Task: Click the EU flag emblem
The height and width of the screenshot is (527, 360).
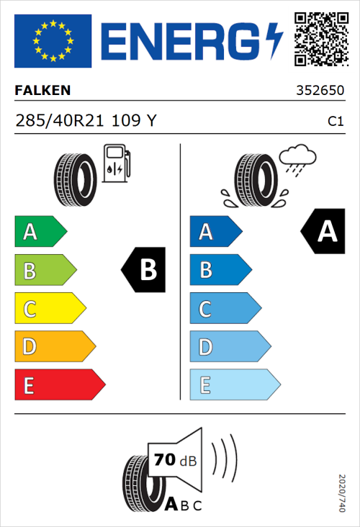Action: [53, 40]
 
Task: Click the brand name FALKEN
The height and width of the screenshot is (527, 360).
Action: [42, 91]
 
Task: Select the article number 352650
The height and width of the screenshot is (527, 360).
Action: [319, 92]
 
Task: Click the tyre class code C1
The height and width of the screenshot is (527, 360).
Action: [335, 122]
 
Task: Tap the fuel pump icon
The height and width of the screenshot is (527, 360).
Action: [116, 163]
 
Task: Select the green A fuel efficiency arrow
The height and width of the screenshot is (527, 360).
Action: [40, 232]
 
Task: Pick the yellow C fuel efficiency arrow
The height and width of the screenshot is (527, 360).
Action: [50, 309]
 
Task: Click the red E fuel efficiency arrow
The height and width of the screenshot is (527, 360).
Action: [60, 385]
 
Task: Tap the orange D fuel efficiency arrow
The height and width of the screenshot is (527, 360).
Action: [55, 347]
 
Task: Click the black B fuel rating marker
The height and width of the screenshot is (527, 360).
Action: [144, 270]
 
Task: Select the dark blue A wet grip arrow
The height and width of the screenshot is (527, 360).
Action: [215, 232]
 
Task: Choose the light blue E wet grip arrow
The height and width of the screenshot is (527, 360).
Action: [234, 385]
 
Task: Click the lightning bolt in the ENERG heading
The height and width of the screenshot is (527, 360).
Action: [274, 40]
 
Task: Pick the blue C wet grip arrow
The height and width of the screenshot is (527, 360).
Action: [225, 309]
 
